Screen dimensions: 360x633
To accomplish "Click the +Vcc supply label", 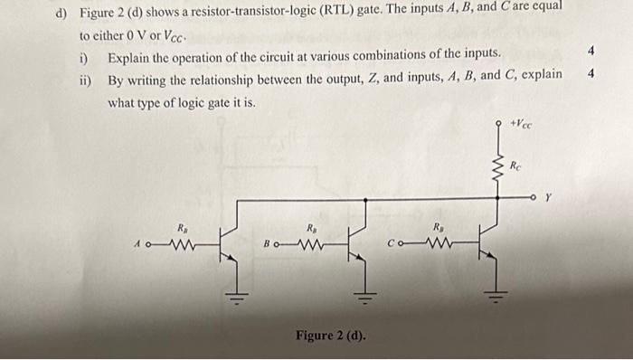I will (522, 124).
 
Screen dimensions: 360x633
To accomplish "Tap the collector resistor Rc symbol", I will (496, 167).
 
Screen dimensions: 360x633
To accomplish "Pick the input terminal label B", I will (267, 242).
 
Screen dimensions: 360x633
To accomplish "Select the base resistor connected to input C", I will (439, 242).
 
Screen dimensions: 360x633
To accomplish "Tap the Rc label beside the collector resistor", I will (515, 166).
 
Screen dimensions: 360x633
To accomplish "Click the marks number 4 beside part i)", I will (590, 52).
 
